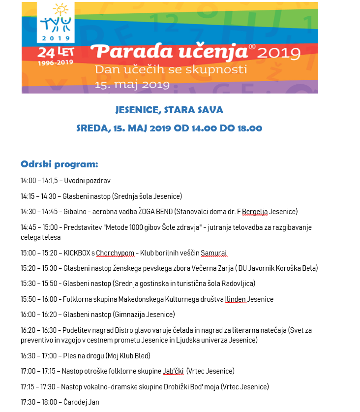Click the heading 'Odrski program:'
(x=60, y=164)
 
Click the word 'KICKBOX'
(x=77, y=253)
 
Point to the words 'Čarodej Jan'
(x=81, y=402)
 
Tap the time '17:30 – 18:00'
(x=38, y=402)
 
